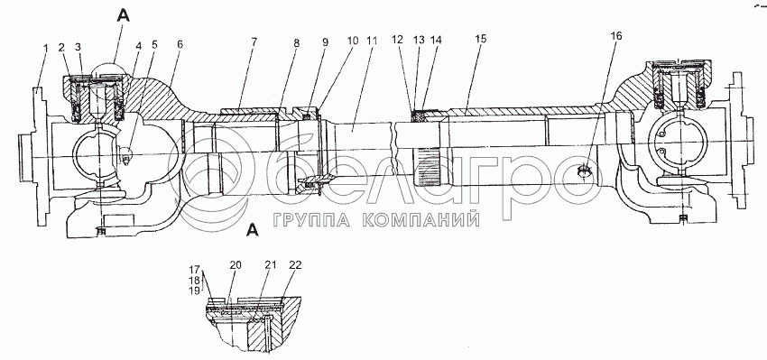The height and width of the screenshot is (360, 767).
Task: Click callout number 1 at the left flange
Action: coord(45,49)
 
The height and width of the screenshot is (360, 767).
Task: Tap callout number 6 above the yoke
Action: coord(180,44)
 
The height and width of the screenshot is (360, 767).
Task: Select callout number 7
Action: coord(254,42)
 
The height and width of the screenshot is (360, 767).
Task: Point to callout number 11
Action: coord(373,42)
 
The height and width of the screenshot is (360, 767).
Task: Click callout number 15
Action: coord(481,40)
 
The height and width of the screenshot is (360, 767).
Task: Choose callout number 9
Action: coord(325,42)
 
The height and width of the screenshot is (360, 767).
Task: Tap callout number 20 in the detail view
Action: coord(236,265)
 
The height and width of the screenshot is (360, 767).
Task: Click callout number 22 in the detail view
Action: coord(295,265)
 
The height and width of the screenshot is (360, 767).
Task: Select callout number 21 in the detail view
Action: coord(271,265)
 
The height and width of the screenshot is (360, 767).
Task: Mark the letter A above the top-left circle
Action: coord(124,16)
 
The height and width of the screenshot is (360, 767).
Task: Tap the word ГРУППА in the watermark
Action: coord(310,220)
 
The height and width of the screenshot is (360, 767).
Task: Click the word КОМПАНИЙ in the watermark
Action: coord(421,220)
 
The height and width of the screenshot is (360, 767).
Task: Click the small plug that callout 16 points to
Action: coord(585,171)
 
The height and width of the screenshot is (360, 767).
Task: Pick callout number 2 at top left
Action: coord(61,47)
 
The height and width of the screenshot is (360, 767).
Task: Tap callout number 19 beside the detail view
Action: coord(194,291)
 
